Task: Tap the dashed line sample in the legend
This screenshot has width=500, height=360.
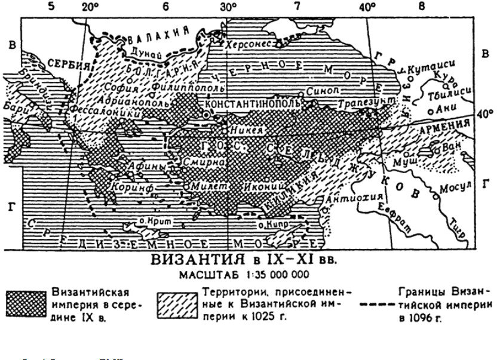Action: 378,304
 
